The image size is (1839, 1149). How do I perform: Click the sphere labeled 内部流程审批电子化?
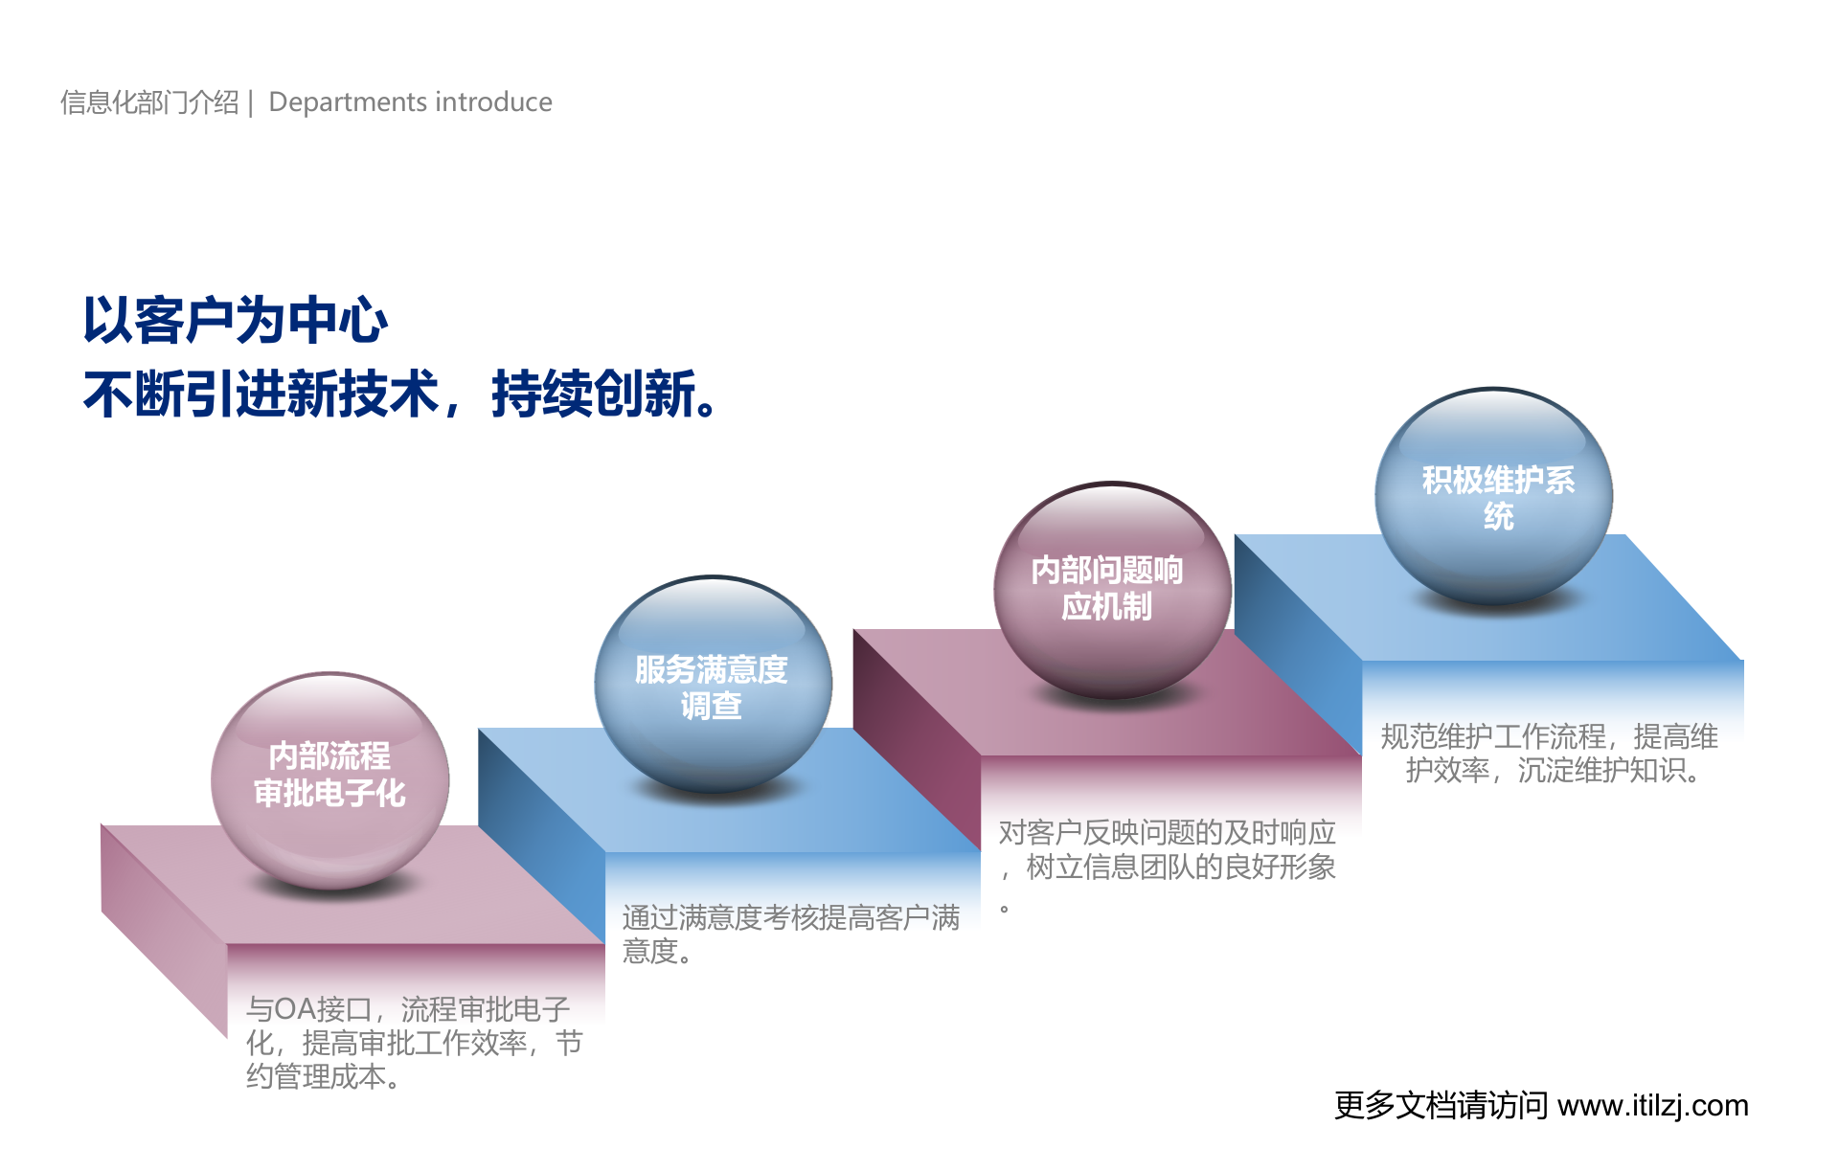(329, 777)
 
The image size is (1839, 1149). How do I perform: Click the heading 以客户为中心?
(236, 320)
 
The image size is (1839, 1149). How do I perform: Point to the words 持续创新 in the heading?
(594, 394)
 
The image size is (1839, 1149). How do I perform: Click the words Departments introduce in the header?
(410, 101)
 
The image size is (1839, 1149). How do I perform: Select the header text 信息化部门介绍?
(149, 101)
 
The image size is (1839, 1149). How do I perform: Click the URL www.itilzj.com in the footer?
(1652, 1106)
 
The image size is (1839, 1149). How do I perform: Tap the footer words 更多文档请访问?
(1441, 1106)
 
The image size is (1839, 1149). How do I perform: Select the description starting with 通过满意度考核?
(790, 934)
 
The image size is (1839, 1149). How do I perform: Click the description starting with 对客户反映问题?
(1167, 850)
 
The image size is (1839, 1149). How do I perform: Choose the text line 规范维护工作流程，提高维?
(1549, 736)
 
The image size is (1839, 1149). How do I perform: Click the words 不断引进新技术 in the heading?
(261, 394)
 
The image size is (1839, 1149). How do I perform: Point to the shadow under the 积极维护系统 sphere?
(1494, 605)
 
